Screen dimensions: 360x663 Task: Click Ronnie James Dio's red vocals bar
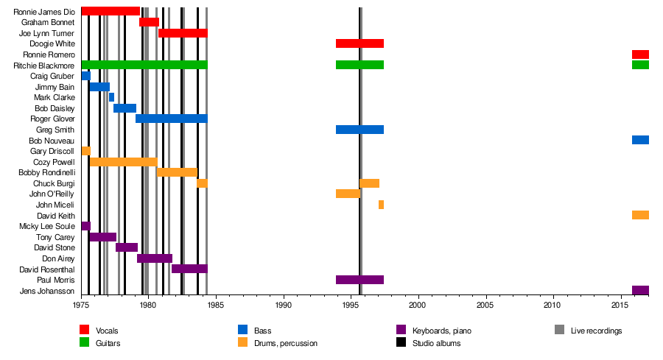[x=110, y=11]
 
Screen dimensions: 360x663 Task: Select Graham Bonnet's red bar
[x=149, y=22]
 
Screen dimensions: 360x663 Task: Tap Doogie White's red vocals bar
[x=359, y=43]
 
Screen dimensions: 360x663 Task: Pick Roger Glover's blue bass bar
[x=171, y=119]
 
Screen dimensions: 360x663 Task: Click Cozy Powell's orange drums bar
[x=122, y=161]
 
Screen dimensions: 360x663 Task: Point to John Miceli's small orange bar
[x=381, y=205]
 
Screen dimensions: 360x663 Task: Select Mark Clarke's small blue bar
[x=111, y=97]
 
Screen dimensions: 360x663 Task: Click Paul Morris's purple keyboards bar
[x=359, y=280]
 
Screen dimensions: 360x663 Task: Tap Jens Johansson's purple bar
[x=640, y=290]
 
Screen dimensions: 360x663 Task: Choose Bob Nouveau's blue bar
[x=640, y=140]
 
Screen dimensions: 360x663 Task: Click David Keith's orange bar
[x=640, y=215]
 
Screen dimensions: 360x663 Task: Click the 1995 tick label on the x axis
[x=350, y=304]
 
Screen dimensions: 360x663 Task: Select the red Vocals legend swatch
[x=85, y=330]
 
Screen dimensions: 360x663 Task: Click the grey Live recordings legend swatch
[x=560, y=330]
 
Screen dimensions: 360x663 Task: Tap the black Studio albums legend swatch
[x=401, y=342]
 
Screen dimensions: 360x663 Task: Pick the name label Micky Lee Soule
[x=46, y=226]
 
